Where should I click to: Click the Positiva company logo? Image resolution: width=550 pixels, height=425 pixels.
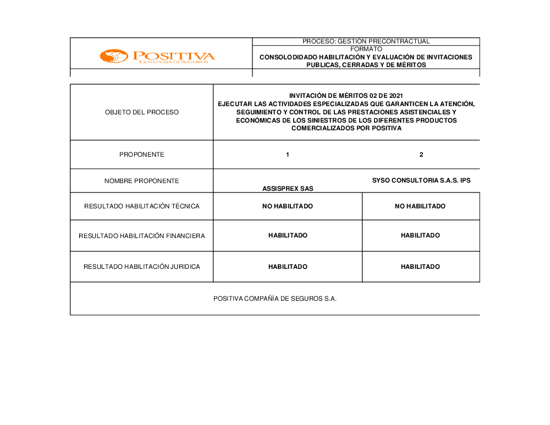click(157, 56)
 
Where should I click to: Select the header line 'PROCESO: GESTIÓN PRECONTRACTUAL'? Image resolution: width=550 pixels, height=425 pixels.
click(366, 41)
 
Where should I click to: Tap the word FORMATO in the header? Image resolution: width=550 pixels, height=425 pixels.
click(366, 49)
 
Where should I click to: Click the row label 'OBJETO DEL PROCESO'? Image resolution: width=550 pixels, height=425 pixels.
click(142, 112)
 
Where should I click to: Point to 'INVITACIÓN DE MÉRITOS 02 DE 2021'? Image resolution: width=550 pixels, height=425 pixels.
click(346, 96)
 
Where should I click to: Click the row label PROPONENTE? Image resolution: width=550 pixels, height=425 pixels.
click(142, 154)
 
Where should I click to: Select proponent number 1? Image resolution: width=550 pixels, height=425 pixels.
click(288, 154)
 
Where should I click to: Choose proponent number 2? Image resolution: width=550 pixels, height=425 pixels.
click(421, 154)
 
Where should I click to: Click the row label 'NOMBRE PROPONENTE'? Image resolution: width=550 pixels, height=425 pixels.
click(142, 181)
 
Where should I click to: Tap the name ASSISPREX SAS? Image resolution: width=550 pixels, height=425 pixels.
click(288, 189)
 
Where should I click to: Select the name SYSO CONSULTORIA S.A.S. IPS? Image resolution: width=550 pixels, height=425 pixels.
click(421, 180)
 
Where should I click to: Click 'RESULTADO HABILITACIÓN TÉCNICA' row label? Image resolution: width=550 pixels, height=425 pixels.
click(142, 206)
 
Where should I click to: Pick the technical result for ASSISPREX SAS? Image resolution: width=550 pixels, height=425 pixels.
click(288, 206)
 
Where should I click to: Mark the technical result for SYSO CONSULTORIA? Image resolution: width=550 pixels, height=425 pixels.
click(420, 206)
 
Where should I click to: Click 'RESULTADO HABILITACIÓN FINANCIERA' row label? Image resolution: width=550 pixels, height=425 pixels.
click(142, 236)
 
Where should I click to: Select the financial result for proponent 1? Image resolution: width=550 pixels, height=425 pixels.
click(288, 235)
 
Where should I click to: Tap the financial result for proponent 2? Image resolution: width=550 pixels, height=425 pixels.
click(420, 235)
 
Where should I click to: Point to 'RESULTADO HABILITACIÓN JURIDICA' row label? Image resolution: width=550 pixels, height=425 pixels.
click(142, 267)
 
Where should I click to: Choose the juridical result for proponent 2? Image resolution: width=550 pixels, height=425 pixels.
click(420, 267)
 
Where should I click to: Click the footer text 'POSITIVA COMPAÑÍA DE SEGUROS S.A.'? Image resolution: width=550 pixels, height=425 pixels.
click(275, 299)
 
